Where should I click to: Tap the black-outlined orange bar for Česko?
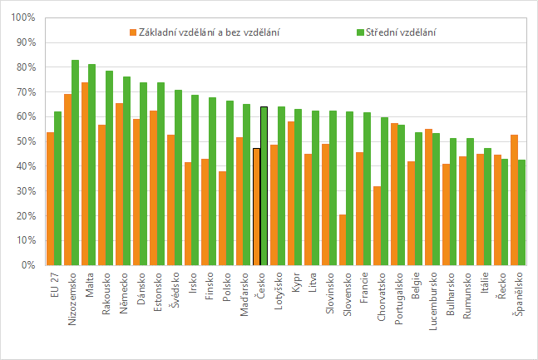click(x=256, y=207)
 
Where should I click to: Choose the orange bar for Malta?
click(x=85, y=174)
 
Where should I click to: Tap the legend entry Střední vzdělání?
click(x=401, y=32)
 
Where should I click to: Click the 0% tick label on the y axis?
click(x=27, y=265)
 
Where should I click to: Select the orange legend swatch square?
click(x=132, y=32)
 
